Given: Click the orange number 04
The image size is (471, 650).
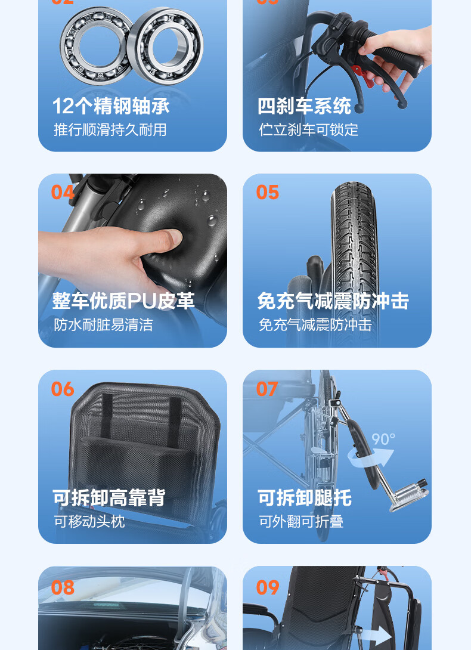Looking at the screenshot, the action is pos(63,193).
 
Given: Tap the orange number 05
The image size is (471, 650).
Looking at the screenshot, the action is pos(268,193).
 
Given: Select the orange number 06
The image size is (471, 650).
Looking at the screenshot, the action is pos(63,389).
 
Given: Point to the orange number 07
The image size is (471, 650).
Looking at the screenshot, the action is pos(267,389).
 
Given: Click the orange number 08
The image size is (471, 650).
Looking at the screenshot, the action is pos(63,587).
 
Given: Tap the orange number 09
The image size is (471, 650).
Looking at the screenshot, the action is pos(268,587).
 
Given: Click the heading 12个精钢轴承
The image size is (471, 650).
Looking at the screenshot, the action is pos(111,106).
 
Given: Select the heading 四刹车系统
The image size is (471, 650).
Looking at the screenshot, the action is pos(304,106).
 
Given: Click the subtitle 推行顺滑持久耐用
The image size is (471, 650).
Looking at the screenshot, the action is pos(110,130).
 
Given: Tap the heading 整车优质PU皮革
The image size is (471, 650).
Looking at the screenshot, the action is pos(123,301).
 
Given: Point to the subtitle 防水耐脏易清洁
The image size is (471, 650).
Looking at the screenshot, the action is pos(103,324).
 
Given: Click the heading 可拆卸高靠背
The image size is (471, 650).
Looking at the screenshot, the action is pos(109,497).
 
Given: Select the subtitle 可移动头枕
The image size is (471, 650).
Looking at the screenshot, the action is pos(89,521).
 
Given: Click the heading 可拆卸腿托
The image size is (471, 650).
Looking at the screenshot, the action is pos(304,497).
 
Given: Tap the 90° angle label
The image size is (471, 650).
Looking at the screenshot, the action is pos(383,439).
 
